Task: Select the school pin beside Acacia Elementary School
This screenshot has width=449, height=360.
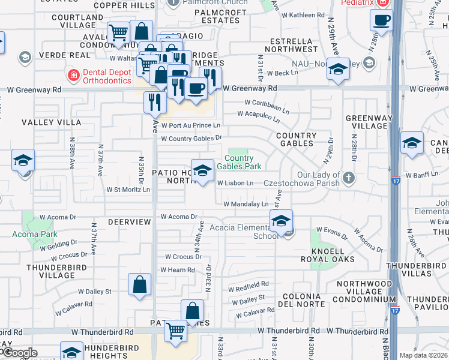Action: click(x=281, y=221)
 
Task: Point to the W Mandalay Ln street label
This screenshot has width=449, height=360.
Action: click(x=246, y=204)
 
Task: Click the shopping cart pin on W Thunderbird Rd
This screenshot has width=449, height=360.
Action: click(x=175, y=331)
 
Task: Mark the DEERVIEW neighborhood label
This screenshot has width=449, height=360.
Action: click(x=129, y=221)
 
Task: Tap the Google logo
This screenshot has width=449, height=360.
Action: click(x=19, y=353)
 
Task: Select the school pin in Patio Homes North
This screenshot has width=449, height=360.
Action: click(x=203, y=170)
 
